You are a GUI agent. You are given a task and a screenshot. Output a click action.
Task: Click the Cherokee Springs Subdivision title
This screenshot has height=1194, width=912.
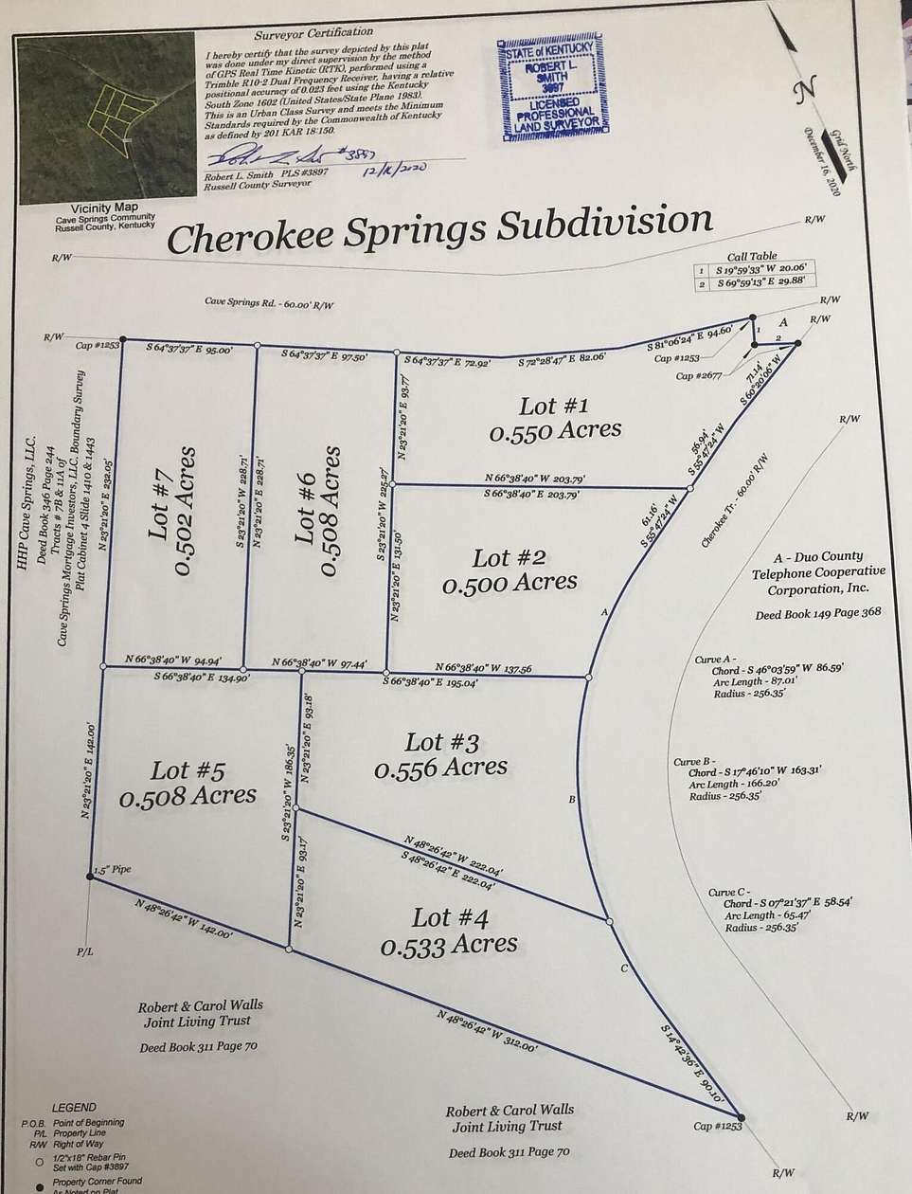pyautogui.click(x=438, y=231)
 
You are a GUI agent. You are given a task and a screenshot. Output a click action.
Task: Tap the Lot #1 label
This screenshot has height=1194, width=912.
pyautogui.click(x=554, y=407)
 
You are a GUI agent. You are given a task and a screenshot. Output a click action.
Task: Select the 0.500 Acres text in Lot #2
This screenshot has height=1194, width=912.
pyautogui.click(x=511, y=582)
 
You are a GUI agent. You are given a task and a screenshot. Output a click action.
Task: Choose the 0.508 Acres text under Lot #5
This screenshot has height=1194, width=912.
pyautogui.click(x=188, y=795)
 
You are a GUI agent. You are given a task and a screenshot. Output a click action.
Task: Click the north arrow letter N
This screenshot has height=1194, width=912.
pyautogui.click(x=806, y=92)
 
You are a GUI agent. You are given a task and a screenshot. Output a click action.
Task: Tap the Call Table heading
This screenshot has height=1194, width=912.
pyautogui.click(x=750, y=256)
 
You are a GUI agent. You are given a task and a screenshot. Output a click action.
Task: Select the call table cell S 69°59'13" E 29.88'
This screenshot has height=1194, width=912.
pyautogui.click(x=764, y=283)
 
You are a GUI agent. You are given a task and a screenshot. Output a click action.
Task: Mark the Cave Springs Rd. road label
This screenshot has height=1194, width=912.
pyautogui.click(x=270, y=303)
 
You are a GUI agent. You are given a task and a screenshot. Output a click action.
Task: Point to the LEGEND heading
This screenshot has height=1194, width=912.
pyautogui.click(x=73, y=1107)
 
